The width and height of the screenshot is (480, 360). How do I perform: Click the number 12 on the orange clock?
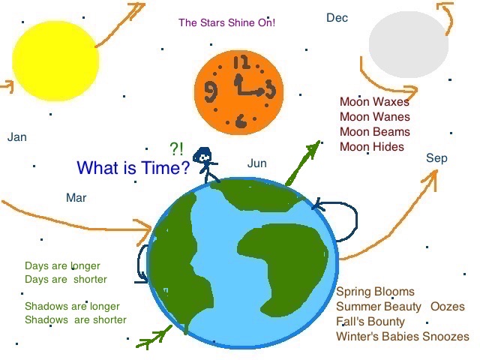point(241,62)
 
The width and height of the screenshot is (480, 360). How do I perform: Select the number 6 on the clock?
point(241,121)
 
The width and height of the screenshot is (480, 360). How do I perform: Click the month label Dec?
point(337,17)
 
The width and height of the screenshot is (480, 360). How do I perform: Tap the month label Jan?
point(17,137)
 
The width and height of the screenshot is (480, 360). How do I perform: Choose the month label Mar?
point(76,197)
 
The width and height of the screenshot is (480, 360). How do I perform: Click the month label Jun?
point(256,163)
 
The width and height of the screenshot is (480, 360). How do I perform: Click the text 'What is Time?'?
point(133,168)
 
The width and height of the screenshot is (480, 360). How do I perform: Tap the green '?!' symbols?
point(176,148)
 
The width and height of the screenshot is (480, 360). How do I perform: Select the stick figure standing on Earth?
point(205,165)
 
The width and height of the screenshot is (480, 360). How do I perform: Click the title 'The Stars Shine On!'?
point(226,22)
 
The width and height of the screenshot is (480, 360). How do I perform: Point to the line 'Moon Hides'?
point(371,147)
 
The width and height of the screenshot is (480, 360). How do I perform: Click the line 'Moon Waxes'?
point(375,102)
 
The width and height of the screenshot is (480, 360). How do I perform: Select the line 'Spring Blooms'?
point(375,292)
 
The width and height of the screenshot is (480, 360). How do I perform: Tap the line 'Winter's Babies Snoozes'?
point(402,337)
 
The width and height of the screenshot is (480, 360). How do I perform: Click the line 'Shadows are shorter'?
point(75,319)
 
